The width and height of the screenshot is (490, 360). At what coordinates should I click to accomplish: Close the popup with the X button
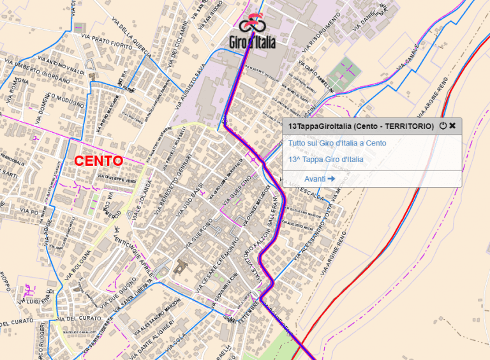click(x=452, y=126)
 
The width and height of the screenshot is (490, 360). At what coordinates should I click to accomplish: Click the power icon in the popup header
click(x=443, y=126)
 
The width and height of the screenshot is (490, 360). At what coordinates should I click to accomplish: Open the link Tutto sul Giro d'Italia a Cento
click(x=336, y=143)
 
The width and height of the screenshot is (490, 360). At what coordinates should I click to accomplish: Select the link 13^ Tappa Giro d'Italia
click(x=325, y=159)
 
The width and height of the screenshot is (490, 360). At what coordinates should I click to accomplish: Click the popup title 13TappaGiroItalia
click(x=360, y=126)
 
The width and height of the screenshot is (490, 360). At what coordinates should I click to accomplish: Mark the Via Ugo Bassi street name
click(x=193, y=197)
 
